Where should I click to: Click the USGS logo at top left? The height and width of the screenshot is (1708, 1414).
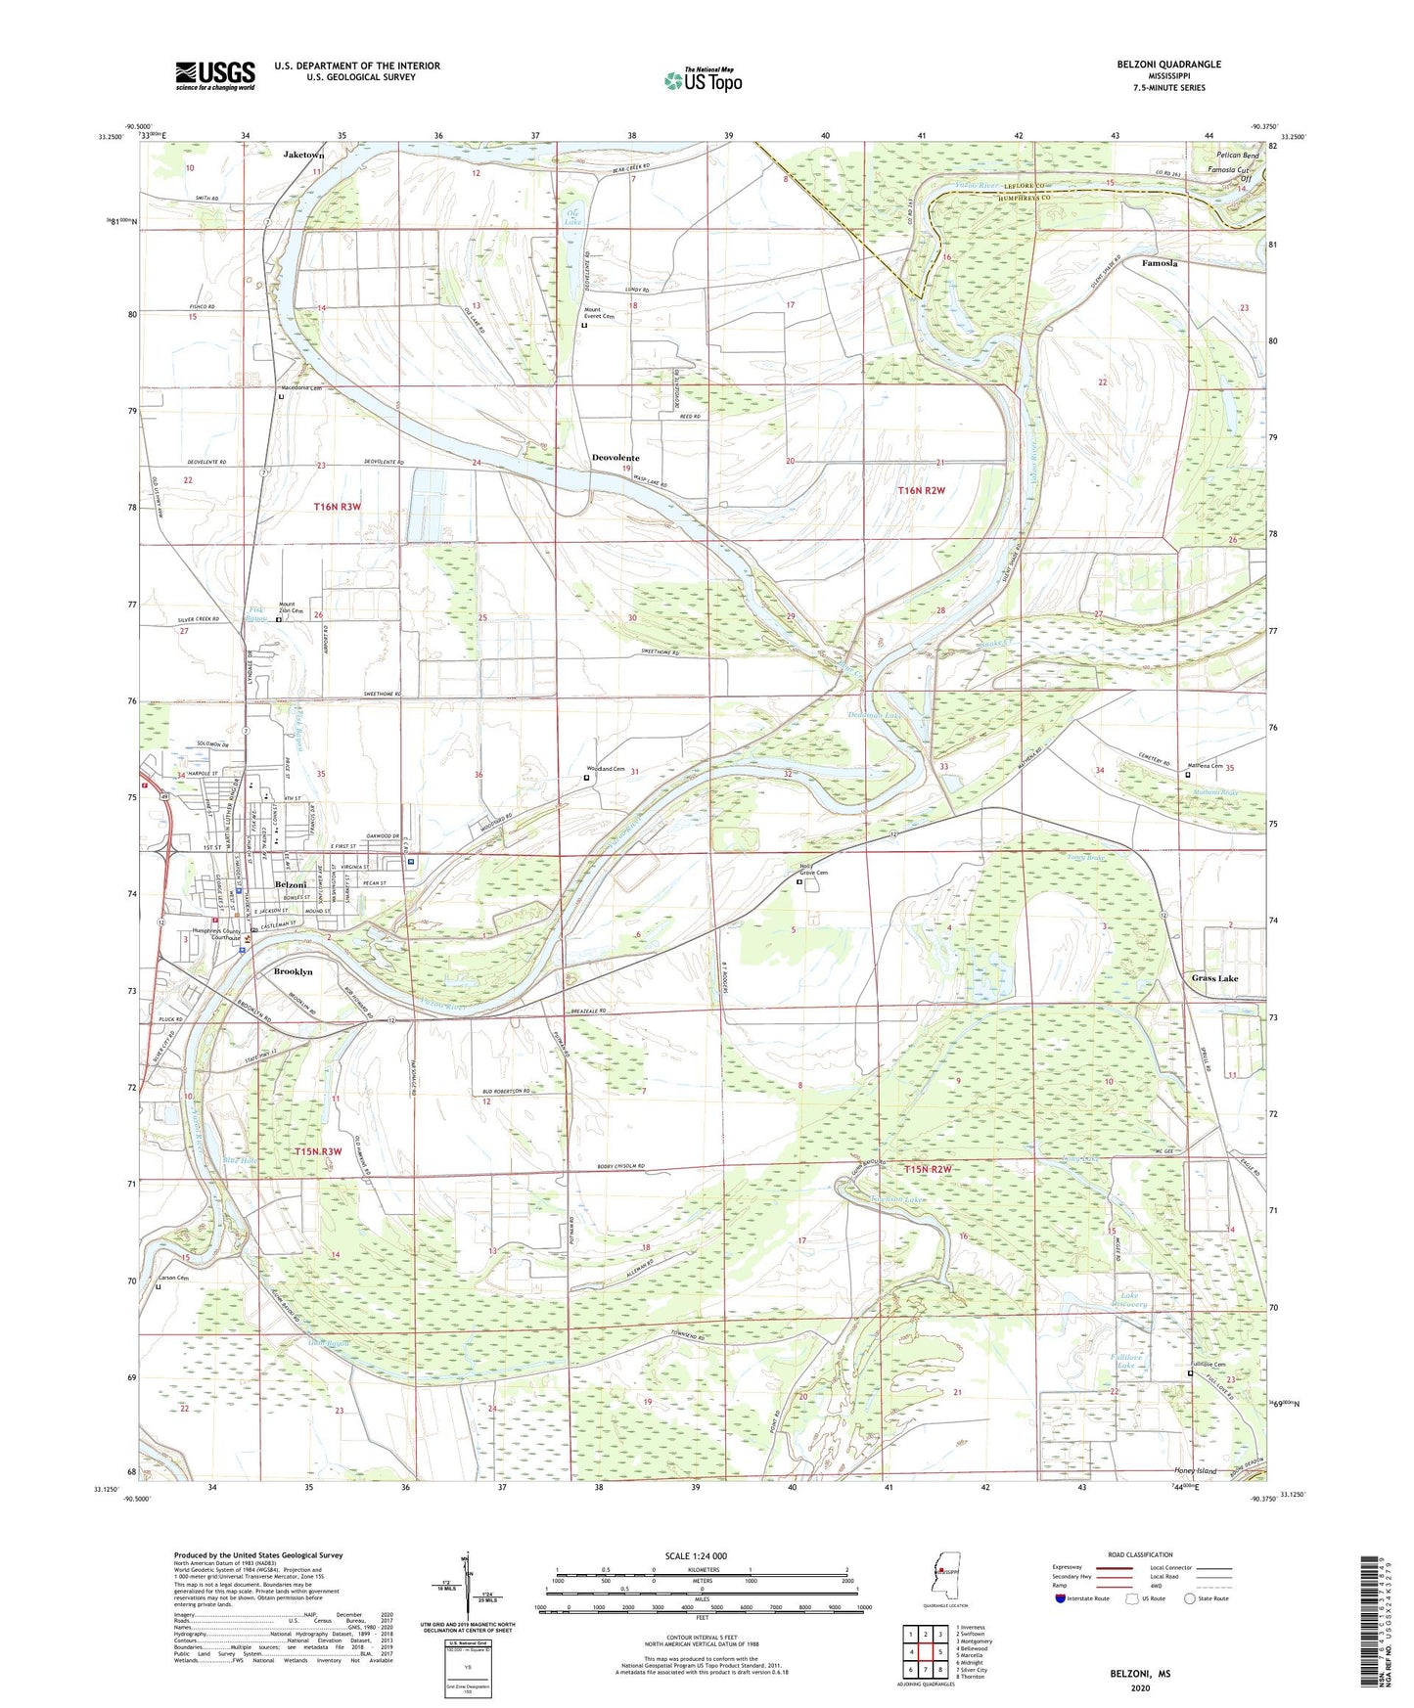(214, 75)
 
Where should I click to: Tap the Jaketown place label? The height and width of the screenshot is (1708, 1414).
(303, 155)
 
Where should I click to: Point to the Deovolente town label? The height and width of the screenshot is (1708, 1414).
(616, 458)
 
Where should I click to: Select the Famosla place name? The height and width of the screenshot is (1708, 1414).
(1160, 263)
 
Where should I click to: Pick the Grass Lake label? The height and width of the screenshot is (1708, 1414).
(1214, 978)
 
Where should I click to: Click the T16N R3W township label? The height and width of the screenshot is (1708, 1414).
(338, 506)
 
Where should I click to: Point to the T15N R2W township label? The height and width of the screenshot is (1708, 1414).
(928, 1169)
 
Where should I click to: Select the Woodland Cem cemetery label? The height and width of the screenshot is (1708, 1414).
(605, 769)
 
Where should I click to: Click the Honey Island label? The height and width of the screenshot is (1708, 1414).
(1195, 1471)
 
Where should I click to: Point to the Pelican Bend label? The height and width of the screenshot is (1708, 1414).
(1237, 156)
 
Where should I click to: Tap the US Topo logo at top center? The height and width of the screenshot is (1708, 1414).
(703, 79)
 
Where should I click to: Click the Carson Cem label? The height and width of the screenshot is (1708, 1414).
(173, 1278)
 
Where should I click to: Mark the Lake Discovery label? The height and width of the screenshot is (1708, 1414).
(1133, 1300)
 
